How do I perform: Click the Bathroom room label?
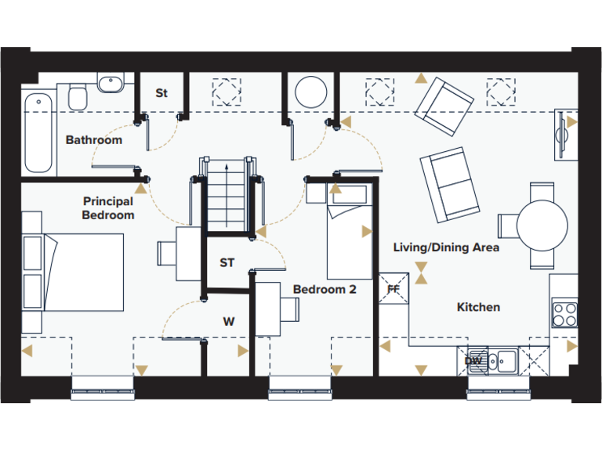click(x=93, y=140)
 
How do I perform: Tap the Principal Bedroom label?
click(x=108, y=208)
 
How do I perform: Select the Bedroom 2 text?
click(x=325, y=290)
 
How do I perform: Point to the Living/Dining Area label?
click(x=446, y=247)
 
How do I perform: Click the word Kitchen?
click(x=478, y=307)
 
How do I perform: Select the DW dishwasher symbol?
click(x=473, y=361)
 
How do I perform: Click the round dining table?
click(x=542, y=225)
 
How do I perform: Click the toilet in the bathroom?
click(x=78, y=97)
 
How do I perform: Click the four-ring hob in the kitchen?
click(x=564, y=314)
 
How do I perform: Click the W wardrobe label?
click(x=228, y=321)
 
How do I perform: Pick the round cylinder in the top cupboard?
click(x=311, y=92)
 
